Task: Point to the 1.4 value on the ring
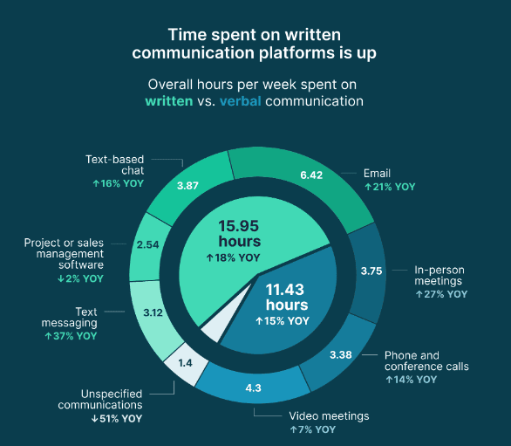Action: pyautogui.click(x=184, y=360)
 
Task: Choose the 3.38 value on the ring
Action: pyautogui.click(x=342, y=354)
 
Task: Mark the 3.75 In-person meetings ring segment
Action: pyautogui.click(x=372, y=270)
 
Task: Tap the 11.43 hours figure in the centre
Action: pyautogui.click(x=287, y=298)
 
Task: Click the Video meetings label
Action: pyautogui.click(x=330, y=415)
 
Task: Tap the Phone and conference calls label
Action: pyautogui.click(x=426, y=360)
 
